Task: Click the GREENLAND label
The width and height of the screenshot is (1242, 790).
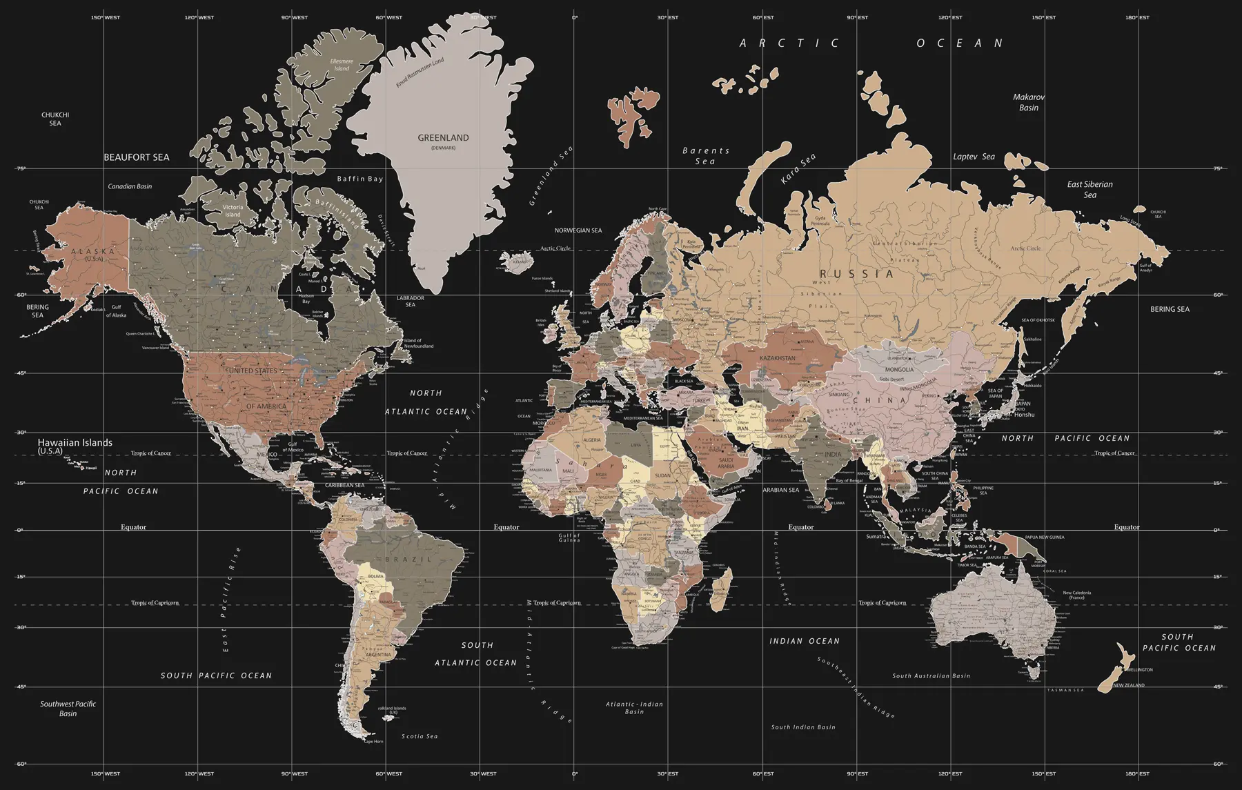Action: pos(443,138)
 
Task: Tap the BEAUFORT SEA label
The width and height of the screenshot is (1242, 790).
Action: pos(136,157)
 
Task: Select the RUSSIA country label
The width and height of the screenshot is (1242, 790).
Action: pos(856,274)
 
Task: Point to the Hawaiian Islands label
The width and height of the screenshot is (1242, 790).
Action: pos(75,443)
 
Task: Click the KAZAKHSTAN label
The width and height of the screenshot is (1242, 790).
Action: pos(777,358)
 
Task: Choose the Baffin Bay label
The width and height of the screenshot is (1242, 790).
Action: pos(359,179)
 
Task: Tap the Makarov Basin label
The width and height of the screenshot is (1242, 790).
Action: pos(1028,102)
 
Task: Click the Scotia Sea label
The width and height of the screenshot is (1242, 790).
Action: pos(420,736)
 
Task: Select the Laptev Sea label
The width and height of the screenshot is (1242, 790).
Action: pos(974,157)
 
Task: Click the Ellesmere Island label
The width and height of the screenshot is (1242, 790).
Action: pos(342,65)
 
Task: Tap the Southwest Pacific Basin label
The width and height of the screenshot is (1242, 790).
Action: pos(68,709)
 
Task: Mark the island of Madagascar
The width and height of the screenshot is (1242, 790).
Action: pos(721,590)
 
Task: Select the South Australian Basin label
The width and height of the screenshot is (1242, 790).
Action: pos(931,676)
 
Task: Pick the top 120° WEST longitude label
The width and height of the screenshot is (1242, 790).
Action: pos(199,18)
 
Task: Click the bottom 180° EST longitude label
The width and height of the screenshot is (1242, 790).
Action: pos(1137,774)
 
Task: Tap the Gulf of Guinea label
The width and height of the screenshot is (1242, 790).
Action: pos(570,537)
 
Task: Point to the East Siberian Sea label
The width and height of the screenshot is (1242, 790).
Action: pos(1090,189)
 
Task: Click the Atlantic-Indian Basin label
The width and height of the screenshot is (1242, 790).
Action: pos(634,708)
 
